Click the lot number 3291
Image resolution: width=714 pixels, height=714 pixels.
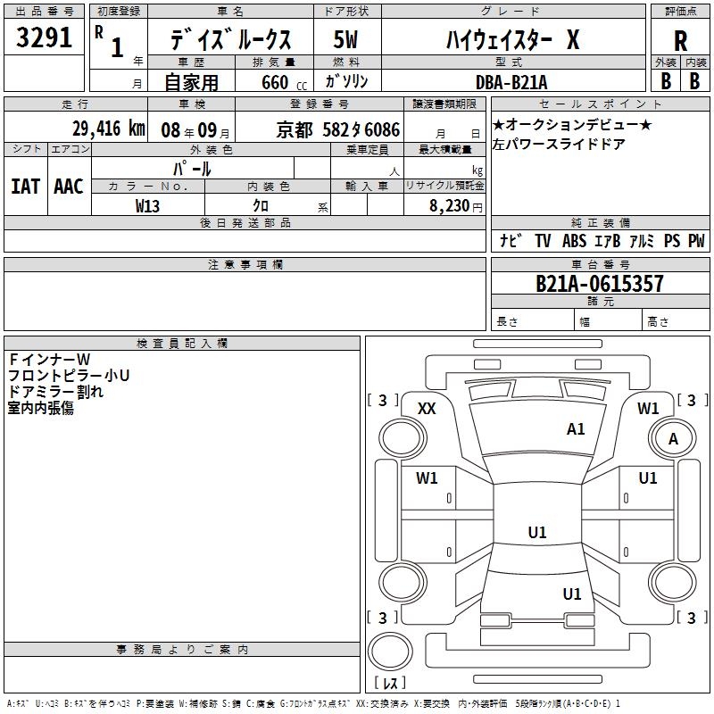coord(44,38)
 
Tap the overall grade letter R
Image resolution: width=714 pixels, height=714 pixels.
coord(680,40)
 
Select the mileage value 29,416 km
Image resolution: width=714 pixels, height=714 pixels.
coord(107,129)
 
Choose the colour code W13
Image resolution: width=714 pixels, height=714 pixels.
coord(148,206)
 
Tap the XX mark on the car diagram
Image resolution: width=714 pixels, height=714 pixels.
coord(427,409)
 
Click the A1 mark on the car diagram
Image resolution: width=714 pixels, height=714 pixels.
coord(576,429)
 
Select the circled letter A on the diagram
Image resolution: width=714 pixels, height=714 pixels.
coord(674,439)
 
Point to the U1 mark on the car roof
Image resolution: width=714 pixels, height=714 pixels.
coord(536,533)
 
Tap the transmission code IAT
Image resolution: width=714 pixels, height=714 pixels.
coord(25,187)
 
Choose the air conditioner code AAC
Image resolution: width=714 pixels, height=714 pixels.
coord(68,187)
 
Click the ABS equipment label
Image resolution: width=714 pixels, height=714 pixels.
coord(574,241)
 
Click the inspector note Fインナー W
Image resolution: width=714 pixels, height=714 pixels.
coord(45,360)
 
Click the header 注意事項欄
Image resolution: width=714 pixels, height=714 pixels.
coord(245,265)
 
